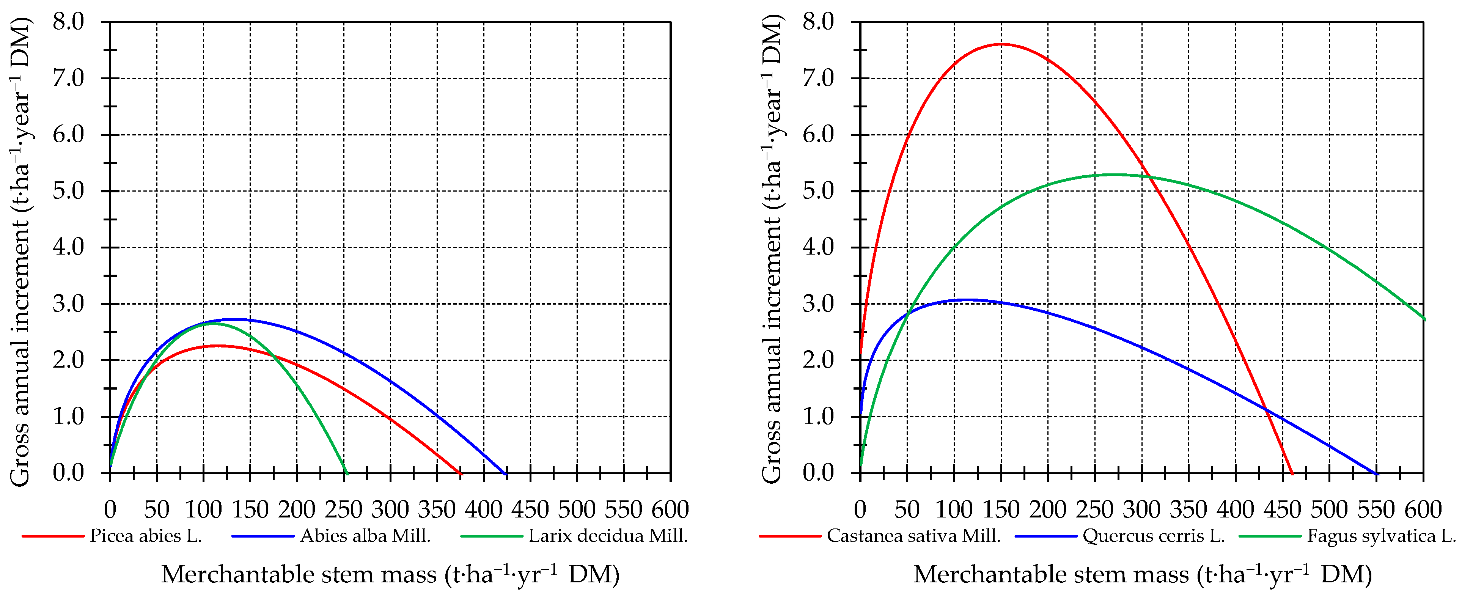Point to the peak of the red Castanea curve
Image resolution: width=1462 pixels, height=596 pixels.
click(1001, 44)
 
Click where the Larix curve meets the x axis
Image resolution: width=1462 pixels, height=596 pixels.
click(346, 473)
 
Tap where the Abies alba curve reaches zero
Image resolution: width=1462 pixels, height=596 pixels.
click(506, 473)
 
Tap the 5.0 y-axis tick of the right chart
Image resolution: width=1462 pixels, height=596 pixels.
click(818, 191)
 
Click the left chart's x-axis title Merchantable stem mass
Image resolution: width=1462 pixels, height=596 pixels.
click(390, 574)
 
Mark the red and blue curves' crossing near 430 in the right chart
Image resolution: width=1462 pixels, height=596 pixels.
click(1265, 410)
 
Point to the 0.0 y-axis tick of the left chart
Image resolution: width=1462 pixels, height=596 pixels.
click(68, 473)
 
